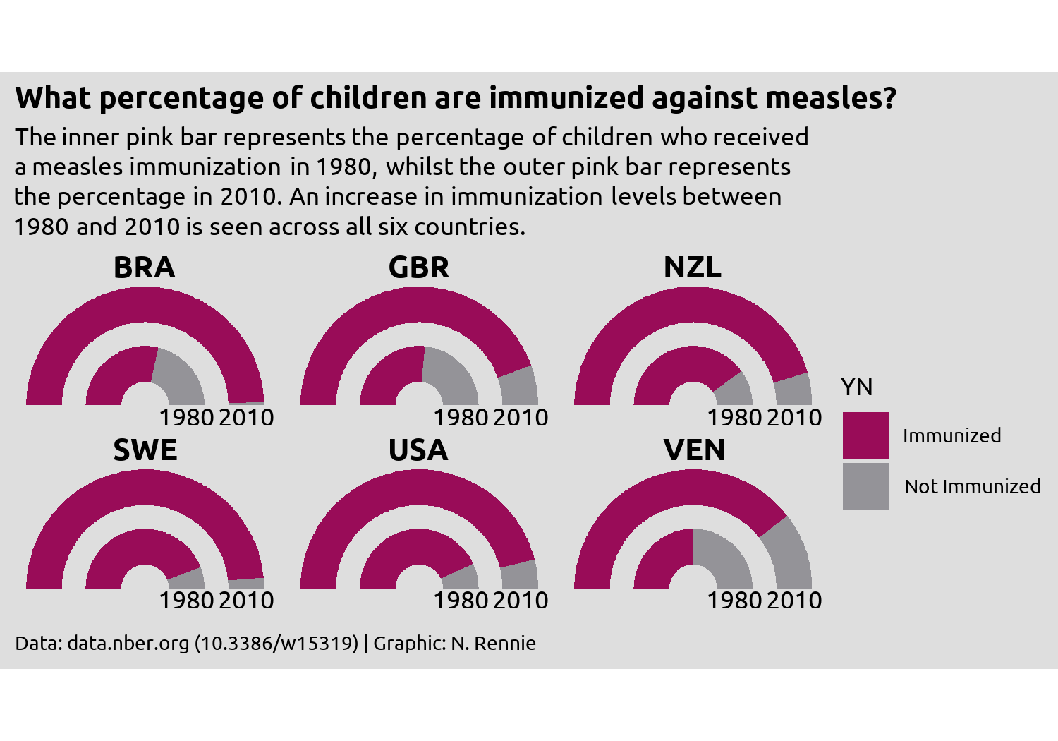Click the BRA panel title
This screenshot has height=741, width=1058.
point(145,267)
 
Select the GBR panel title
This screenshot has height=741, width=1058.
point(418,267)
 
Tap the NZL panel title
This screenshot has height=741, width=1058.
point(693,267)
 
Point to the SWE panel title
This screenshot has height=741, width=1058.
point(145,450)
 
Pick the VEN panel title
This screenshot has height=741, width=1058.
point(694,450)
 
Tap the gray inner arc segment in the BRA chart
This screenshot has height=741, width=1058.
point(182,375)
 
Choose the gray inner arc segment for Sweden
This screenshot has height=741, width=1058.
point(189,579)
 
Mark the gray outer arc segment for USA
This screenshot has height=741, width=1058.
point(519,574)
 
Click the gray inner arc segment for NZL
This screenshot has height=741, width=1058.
point(736,390)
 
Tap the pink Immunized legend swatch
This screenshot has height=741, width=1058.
point(865,435)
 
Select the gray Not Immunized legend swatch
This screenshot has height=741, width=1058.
point(865,486)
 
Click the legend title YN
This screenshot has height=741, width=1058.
point(856,387)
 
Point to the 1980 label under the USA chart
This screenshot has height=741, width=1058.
point(461,600)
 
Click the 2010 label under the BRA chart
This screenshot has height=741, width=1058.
point(246,417)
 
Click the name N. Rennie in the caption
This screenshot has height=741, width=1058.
point(494,643)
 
